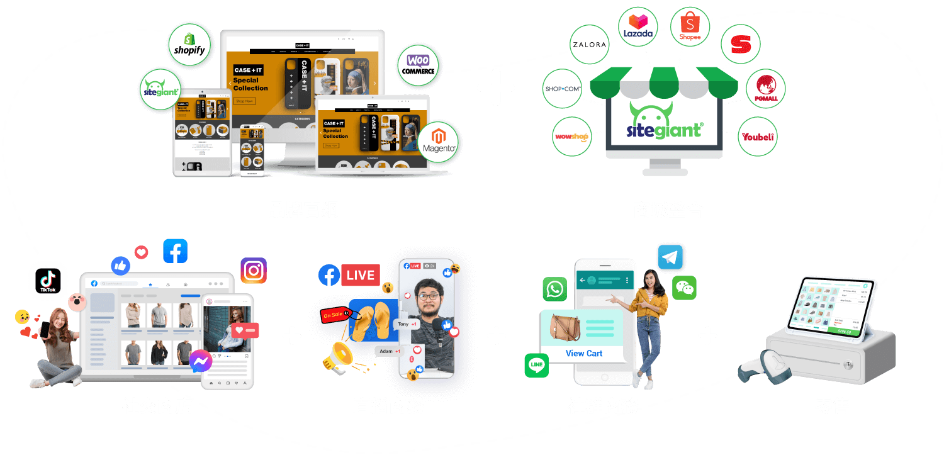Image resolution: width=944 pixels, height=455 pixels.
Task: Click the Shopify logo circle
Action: (x=189, y=45)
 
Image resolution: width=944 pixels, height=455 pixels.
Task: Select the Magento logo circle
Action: (x=439, y=142)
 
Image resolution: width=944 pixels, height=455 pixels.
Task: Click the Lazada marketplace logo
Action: (x=638, y=27)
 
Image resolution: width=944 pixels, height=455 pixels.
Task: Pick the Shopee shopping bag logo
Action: (x=690, y=26)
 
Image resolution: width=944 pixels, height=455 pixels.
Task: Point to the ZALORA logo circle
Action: (x=588, y=45)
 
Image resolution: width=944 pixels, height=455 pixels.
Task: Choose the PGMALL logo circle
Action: (x=765, y=89)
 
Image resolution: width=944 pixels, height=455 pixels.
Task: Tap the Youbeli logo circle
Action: (x=758, y=136)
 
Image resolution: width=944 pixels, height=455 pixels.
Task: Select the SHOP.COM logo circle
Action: (x=562, y=89)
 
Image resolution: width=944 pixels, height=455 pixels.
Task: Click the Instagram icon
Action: (x=254, y=271)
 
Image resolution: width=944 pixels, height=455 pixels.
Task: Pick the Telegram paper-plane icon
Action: (x=670, y=257)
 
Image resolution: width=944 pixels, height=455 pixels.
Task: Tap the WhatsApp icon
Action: (x=554, y=289)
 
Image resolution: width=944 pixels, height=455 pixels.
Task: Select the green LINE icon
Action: (x=537, y=365)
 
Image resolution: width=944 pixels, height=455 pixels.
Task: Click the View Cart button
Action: (x=583, y=353)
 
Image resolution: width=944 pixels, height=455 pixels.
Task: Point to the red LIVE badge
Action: (x=360, y=275)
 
